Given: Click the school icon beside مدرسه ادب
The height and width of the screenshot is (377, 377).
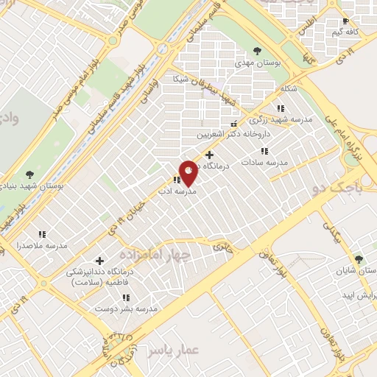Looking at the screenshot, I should click(x=177, y=180).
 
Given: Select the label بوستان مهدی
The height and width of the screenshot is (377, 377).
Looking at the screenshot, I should click(x=255, y=63).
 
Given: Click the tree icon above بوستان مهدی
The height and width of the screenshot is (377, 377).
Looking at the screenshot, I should click(x=256, y=51).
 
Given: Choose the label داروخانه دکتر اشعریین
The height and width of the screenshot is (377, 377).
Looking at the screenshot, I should click(x=234, y=135).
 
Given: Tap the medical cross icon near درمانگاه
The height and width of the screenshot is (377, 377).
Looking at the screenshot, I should click(x=210, y=155).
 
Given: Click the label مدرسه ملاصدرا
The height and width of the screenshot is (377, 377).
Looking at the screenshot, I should click(x=46, y=244).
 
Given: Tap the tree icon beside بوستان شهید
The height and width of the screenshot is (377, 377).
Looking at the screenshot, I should click(x=29, y=175).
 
